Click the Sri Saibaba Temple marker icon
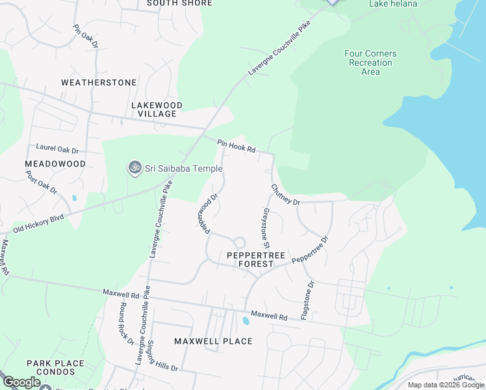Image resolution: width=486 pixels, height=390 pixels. [x=135, y=168]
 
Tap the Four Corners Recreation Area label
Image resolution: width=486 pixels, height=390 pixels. [x=370, y=62]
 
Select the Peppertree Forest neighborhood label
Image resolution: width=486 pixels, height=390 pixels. [x=256, y=260]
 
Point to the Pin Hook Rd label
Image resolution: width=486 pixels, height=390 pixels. [x=237, y=146]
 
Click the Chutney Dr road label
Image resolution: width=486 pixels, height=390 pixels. [x=285, y=195]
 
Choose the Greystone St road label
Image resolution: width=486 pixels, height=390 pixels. [x=265, y=228]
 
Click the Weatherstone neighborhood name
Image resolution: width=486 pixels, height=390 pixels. [x=99, y=83]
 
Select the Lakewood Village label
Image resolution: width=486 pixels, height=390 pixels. [x=157, y=109]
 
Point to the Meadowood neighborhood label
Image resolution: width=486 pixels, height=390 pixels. [x=55, y=164]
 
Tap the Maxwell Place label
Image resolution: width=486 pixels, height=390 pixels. [x=213, y=341]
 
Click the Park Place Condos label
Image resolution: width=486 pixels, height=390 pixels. [x=55, y=368]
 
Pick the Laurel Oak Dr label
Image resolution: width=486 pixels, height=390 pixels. [x=57, y=148]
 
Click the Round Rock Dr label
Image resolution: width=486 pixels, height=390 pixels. [x=126, y=323]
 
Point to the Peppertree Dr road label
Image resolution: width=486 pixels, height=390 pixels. [x=310, y=250]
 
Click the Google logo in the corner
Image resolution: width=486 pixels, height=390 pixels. [x=22, y=382]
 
